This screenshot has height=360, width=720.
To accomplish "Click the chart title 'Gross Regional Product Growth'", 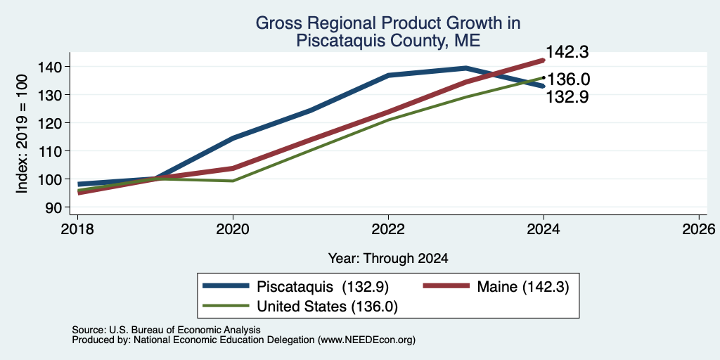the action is pyautogui.click(x=387, y=23).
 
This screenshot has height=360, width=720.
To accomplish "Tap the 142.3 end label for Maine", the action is pyautogui.click(x=567, y=52).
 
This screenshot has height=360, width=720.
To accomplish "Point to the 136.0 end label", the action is pyautogui.click(x=568, y=79).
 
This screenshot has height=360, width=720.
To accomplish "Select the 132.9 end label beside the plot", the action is pyautogui.click(x=567, y=97).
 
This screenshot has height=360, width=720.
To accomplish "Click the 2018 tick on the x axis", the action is pyautogui.click(x=77, y=229).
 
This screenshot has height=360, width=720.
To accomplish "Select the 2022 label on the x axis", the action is pyautogui.click(x=388, y=229).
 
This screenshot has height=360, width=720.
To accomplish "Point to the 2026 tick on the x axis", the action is pyautogui.click(x=699, y=229).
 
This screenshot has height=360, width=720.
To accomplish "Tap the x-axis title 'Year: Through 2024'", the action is pyautogui.click(x=388, y=259).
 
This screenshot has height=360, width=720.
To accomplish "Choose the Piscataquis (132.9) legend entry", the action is pyautogui.click(x=295, y=287).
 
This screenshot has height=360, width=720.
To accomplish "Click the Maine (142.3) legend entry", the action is pyautogui.click(x=496, y=287).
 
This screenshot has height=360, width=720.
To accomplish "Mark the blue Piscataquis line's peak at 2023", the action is pyautogui.click(x=465, y=68).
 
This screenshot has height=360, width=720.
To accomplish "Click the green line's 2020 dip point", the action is pyautogui.click(x=233, y=181).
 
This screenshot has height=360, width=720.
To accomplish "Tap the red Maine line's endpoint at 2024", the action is pyautogui.click(x=544, y=60).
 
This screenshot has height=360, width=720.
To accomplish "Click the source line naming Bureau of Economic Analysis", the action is pyautogui.click(x=166, y=330).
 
